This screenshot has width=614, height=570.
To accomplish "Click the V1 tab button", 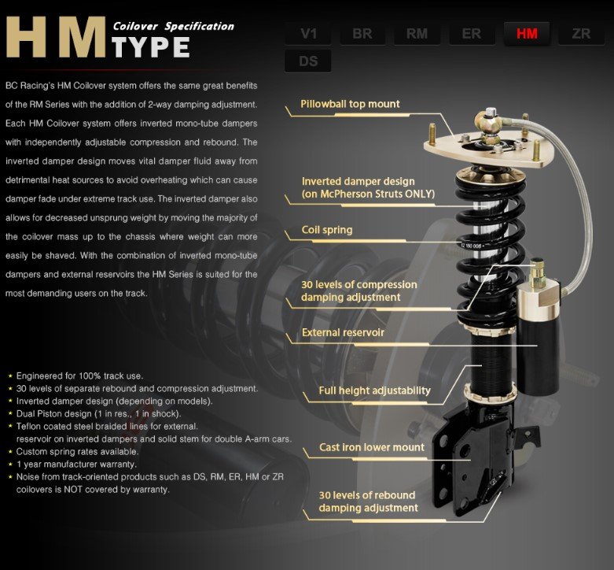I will coord(308,34).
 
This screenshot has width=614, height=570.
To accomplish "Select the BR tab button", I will coord(362,34).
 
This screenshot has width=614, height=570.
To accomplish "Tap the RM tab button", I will coord(417,34).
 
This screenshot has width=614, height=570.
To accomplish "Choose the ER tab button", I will coord(472,34).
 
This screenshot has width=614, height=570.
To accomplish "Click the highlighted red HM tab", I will coord(526,34).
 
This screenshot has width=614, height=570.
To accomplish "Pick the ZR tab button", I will coord(581,34).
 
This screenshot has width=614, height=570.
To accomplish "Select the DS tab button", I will coord(308,61).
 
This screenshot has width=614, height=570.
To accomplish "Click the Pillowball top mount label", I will coord(350,104).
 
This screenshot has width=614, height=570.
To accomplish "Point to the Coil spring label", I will coord(327,231).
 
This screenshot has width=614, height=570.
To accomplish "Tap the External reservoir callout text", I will coord(343,333).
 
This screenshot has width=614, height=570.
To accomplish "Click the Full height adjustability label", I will coord(374,390).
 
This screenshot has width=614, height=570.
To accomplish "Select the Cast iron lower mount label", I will coord(372,448).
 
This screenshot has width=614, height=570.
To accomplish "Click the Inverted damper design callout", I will coord(368,187).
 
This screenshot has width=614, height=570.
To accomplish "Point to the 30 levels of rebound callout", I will coord(368,502).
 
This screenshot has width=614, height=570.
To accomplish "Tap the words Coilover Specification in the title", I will coord(173,26).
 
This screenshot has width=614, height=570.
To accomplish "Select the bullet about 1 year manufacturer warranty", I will coord(82,465).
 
